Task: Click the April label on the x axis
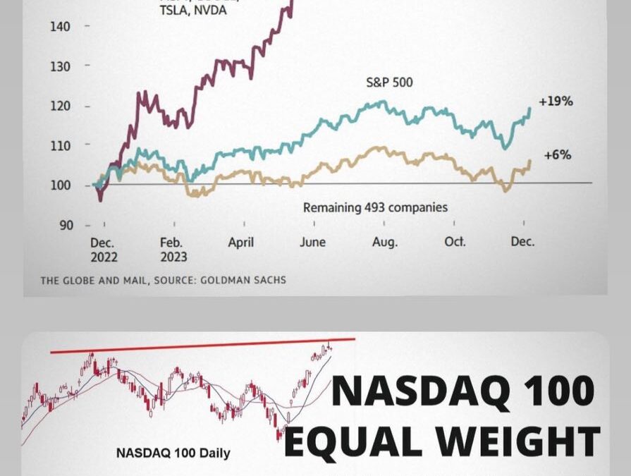pos(240,241)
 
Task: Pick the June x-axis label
pos(312,241)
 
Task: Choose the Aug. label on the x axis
pos(384,241)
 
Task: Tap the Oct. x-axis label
pos(455,241)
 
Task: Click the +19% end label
pos(556,101)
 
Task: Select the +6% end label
pos(557,154)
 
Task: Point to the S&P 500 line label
pos(389,83)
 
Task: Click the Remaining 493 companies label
pos(375,207)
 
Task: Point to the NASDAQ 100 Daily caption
pos(173,453)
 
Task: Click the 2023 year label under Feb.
pos(174,257)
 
